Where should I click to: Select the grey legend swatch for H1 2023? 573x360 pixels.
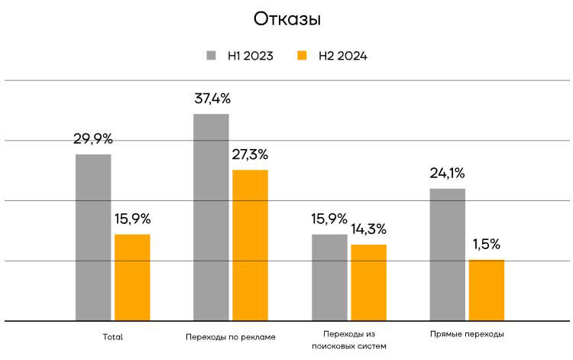(211, 56)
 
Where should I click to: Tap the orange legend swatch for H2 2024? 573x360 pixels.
(302, 56)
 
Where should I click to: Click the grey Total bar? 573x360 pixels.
(93, 237)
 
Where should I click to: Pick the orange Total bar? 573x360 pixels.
(132, 277)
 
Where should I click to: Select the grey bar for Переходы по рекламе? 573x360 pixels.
(211, 217)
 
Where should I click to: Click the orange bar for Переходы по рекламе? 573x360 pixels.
(250, 245)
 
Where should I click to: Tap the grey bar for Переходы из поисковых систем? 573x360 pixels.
(329, 277)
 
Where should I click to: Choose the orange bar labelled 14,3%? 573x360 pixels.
(368, 282)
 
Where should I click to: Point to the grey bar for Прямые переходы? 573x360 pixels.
(447, 254)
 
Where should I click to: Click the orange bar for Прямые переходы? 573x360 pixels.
(487, 290)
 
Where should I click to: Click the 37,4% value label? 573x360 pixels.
(212, 99)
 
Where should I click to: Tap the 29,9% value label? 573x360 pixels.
(93, 139)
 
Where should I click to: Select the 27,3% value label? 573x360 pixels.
(250, 154)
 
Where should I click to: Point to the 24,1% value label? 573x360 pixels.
(447, 173)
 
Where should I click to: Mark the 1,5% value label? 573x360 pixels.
(487, 245)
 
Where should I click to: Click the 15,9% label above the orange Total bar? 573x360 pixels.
(132, 219)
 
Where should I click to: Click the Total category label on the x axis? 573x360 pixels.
(112, 336)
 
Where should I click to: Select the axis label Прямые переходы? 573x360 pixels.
(467, 334)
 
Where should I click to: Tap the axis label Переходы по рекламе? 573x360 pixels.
(230, 336)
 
